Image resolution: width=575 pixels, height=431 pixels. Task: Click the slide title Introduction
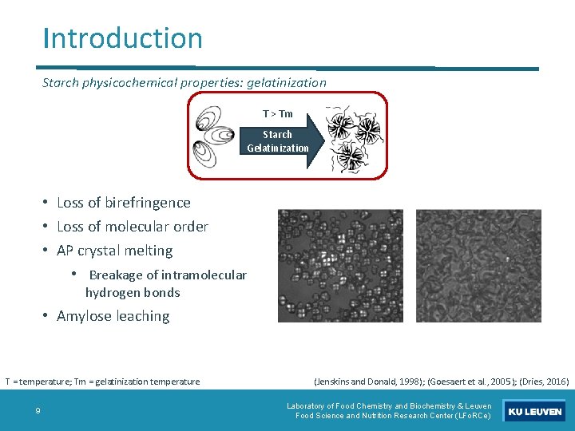point(123,38)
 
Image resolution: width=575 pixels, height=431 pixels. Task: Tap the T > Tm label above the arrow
point(277,114)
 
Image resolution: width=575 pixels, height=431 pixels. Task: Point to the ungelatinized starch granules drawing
point(216,136)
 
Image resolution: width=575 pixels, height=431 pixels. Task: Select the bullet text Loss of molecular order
point(133,227)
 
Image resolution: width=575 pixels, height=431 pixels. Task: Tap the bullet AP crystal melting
point(114,251)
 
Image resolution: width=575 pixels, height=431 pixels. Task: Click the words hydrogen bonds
point(133,292)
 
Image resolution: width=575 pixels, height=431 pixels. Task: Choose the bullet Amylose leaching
point(113,316)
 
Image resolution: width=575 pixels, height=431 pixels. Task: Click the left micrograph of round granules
point(343,266)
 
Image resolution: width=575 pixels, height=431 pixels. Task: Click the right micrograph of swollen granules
point(478,266)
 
